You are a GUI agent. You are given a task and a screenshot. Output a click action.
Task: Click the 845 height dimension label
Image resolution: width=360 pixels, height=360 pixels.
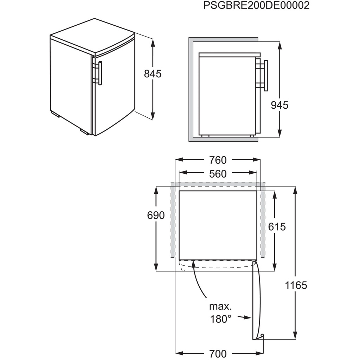pos(153,74)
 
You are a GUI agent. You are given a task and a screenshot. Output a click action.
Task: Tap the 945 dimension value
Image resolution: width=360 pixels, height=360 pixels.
pos(279,105)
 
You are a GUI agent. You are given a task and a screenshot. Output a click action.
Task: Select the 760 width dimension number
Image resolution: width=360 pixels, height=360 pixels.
pos(218,160)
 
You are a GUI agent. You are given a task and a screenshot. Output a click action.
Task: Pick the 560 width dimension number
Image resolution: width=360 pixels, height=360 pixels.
pos(218,174)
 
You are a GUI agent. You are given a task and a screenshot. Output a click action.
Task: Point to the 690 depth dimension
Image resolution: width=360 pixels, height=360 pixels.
pos(156,216)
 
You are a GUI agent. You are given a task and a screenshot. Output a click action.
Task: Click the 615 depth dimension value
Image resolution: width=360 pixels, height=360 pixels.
pos(277,227)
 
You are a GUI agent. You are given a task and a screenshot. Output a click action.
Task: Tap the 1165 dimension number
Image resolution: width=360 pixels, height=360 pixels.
pos(296,285)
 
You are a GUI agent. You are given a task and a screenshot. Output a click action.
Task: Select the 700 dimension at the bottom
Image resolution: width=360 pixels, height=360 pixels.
pos(218,354)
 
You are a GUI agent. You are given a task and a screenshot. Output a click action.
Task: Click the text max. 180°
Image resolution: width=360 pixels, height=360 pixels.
pos(220,313)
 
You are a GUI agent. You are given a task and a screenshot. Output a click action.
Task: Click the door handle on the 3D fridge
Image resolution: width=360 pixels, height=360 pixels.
pos(101,73)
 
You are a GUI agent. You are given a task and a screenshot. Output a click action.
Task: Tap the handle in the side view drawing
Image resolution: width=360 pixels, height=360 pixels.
pos(266,76)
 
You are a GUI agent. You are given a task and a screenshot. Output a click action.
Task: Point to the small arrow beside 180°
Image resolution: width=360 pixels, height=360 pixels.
pos(244,318)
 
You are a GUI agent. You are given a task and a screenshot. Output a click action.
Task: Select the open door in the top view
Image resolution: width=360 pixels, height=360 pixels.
pos(257,300)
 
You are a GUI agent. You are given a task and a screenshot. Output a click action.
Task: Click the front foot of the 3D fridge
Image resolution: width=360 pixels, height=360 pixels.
pos(84,132)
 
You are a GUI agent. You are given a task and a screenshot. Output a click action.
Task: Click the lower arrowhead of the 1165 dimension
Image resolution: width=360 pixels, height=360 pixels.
pos(295,335)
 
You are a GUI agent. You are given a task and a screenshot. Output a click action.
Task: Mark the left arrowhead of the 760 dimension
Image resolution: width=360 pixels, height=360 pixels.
pos(179,160)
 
